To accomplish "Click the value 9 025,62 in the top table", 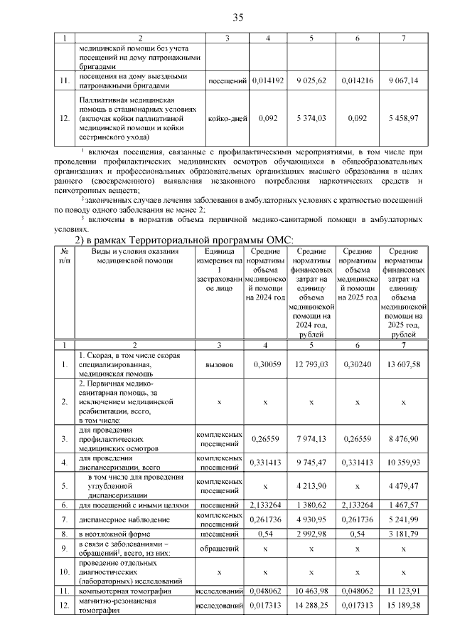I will [x=311, y=81].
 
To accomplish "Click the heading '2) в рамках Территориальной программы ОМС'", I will [x=185, y=239].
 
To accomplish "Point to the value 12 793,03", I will [x=311, y=364].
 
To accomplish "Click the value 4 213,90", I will [x=311, y=486].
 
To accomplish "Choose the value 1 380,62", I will [x=311, y=505].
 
